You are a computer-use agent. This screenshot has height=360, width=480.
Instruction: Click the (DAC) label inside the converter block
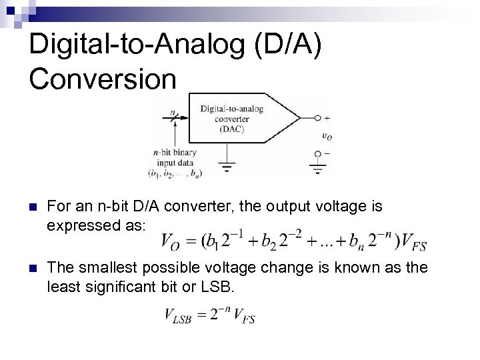pyautogui.click(x=231, y=129)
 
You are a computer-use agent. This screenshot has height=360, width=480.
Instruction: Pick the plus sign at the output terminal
pyautogui.click(x=326, y=118)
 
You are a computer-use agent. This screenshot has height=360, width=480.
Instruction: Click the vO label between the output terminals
pyautogui.click(x=327, y=136)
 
